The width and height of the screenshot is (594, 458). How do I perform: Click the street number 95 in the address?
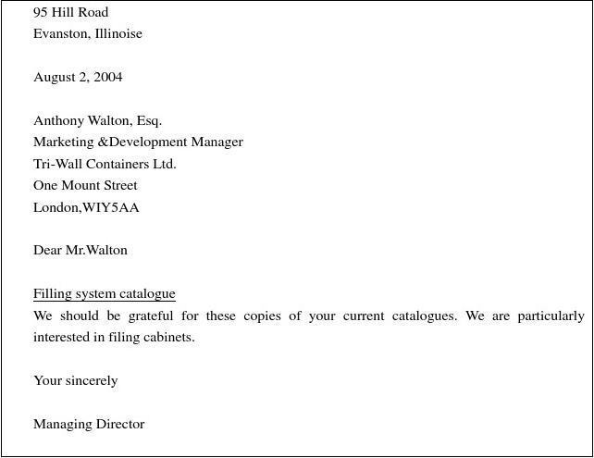tap(42, 12)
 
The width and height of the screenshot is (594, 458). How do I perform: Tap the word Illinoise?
tap(118, 33)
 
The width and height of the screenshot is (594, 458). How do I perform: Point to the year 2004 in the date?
tap(107, 77)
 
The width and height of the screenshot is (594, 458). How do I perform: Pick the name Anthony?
tap(58, 120)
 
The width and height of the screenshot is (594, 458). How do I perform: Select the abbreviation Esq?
tap(149, 120)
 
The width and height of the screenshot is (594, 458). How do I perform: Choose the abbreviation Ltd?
tap(165, 164)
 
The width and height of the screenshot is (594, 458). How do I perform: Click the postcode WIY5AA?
tap(111, 207)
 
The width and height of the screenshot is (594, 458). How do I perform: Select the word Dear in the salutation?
tap(47, 250)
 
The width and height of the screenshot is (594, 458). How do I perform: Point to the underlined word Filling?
tap(52, 294)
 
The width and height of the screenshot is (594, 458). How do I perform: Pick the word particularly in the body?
tap(551, 316)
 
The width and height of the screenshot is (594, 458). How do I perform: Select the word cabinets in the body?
tap(169, 337)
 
